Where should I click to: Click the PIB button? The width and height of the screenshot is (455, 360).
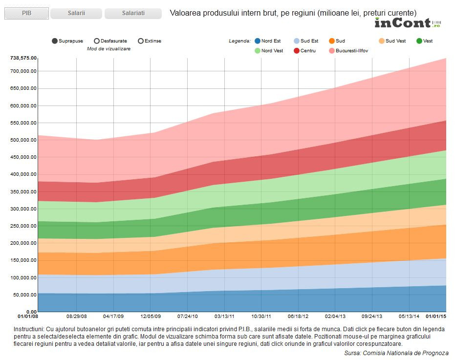(x=26, y=13)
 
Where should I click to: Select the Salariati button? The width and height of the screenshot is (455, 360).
(x=133, y=13)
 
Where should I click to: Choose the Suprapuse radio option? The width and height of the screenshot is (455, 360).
(x=55, y=41)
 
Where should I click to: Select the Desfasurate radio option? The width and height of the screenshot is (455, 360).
(x=97, y=41)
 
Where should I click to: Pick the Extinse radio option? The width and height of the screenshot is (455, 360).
(x=141, y=41)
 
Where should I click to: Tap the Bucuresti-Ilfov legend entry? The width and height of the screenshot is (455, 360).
(x=348, y=51)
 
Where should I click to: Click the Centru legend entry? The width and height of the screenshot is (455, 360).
(x=303, y=51)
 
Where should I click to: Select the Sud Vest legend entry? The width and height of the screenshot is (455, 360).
(x=391, y=41)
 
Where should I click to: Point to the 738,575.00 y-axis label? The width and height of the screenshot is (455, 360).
(x=23, y=58)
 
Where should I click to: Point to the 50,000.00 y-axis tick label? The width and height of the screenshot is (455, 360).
(x=25, y=295)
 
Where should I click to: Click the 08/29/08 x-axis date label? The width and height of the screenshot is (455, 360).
(x=77, y=316)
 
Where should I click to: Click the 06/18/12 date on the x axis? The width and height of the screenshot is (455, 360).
(x=298, y=316)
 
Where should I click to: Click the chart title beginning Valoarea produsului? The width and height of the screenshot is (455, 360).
(x=293, y=13)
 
